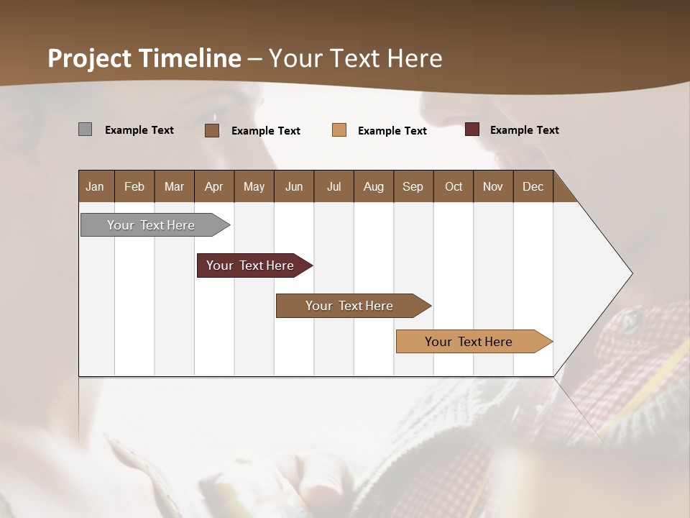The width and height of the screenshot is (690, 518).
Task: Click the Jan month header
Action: coord(96,186)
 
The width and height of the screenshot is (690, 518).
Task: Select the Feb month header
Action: coord(134,186)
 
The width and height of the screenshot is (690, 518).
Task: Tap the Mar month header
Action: coord(174,186)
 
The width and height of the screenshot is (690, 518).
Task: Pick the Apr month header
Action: coord(213,186)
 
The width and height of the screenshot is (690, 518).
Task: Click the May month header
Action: coord(254,186)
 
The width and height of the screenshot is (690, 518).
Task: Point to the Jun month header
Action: coord(294,186)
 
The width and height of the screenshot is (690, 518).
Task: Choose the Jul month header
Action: coord(333,186)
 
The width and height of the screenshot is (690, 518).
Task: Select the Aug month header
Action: coord(373,186)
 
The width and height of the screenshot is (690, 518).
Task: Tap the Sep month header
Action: coord(413,186)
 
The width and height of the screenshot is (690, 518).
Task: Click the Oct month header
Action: coord(454,186)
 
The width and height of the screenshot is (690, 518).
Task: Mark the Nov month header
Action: coord(492,186)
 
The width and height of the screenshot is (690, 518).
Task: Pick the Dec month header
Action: coord(533,186)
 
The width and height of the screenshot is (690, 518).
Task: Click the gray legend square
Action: coord(85,129)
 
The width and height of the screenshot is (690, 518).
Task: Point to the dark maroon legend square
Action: coord(471,129)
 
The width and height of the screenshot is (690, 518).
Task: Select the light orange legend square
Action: coord(339,130)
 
